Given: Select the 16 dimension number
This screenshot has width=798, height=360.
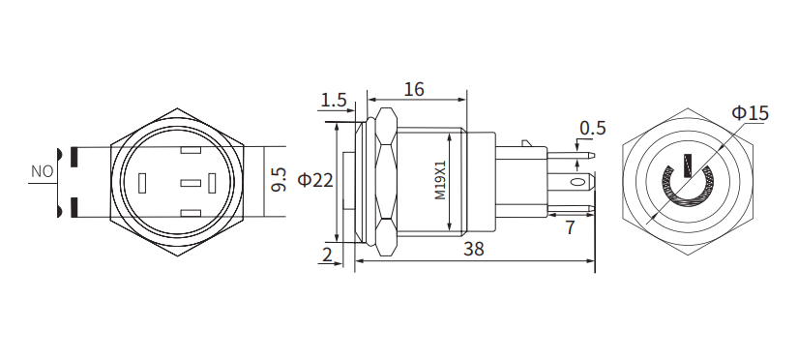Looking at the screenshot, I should pos(413,89).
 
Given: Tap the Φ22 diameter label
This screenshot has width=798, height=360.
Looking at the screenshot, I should pos(316,180).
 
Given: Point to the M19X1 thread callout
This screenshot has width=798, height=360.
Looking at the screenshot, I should pos(440,180).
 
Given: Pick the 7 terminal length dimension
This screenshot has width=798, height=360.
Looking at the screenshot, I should pos(569,228).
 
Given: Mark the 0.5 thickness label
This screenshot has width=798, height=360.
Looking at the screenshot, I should pos(592,128).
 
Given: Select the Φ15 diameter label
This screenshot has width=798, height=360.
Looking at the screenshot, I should pos(750,113).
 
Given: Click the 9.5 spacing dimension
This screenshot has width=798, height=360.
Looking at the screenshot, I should pos(280,180).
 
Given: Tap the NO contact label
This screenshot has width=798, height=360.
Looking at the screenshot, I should pos(42,171).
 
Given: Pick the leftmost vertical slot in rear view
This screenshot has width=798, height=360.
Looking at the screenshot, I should pos(143,183).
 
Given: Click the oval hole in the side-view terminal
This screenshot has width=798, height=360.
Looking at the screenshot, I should pos(577,182).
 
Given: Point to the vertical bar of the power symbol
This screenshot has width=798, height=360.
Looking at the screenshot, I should pos(687,165).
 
